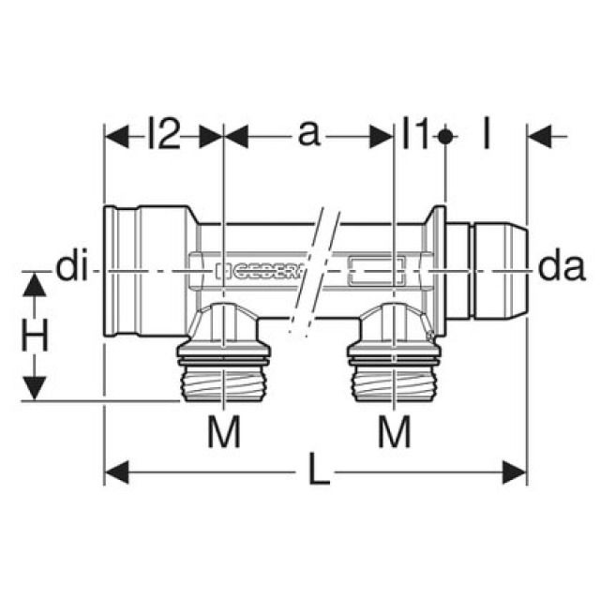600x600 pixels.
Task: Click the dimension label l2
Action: pos(162,137)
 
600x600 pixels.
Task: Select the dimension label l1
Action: pos(414,137)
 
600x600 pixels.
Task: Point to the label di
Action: pos(71,270)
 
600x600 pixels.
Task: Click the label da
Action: pos(562,270)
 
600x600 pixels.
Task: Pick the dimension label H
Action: pos(35,337)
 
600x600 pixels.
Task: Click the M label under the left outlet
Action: pos(224,432)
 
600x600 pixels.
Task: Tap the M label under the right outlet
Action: pos(394,432)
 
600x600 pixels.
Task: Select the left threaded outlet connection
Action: pos(224,370)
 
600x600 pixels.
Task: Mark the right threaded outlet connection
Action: pos(394,370)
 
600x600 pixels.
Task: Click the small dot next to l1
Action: pos(445,137)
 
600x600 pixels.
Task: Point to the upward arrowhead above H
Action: pos(35,284)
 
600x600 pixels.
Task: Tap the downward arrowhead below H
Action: pos(35,389)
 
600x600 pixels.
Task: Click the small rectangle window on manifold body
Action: pos(375,272)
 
